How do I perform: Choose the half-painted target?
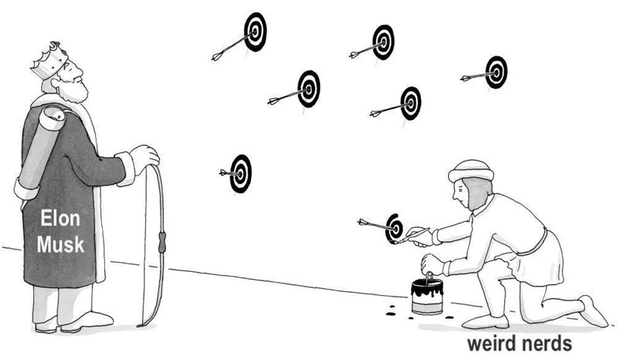(x=394, y=226)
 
